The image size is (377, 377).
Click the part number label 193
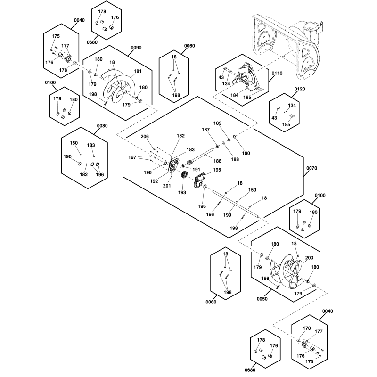(182, 192)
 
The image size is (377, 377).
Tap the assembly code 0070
(311, 168)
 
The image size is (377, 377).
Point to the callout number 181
(138, 71)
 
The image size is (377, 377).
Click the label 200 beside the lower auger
(309, 258)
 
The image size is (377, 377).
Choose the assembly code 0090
(136, 48)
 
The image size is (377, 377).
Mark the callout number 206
(145, 136)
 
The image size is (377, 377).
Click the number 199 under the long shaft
(227, 215)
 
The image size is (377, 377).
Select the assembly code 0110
(277, 73)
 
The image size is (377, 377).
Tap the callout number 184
(234, 95)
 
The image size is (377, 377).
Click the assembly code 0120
(300, 89)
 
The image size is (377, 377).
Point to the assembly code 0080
(102, 126)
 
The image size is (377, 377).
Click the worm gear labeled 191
(190, 164)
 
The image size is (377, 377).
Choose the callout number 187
(205, 130)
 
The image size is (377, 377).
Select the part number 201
(167, 186)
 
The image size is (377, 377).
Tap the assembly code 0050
(262, 299)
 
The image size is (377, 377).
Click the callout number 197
(132, 157)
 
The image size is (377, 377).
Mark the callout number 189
(217, 123)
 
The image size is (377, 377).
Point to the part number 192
(154, 181)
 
